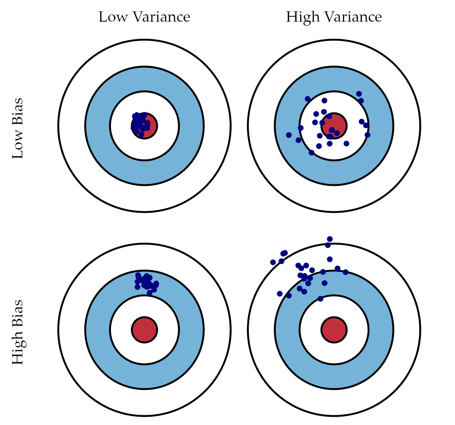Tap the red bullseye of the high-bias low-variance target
coord(144,329)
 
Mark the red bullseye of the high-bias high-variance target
coord(334,329)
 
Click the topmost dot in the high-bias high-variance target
coord(330,239)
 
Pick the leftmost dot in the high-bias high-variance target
coord(273,262)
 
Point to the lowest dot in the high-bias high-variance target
coord(320,299)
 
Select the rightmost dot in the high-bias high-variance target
coord(345,272)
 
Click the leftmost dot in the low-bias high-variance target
coord(289,135)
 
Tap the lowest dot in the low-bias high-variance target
coord(312,153)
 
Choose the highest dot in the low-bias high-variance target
coord(359,94)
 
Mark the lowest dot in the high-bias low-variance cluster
coord(149,293)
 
